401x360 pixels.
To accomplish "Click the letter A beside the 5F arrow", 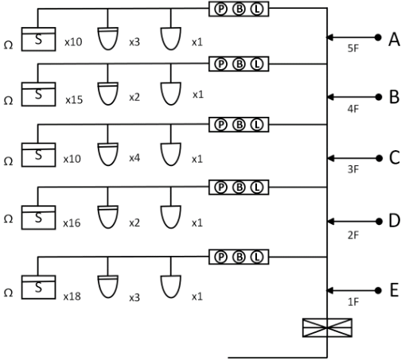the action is tap(394, 40).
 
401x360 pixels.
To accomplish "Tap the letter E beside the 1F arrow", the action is tap(395, 290).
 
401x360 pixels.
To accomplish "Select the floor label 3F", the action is tap(353, 169).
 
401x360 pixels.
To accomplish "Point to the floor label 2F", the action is tap(353, 235).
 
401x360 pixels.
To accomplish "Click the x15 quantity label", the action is tap(74, 100).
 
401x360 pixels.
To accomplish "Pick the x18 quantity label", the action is tap(72, 296).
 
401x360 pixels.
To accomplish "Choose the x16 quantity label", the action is tap(72, 223).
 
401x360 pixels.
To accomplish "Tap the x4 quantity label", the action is tap(134, 158).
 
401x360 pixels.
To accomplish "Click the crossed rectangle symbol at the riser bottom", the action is tap(327, 327).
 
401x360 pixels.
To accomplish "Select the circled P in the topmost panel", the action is tap(221, 10).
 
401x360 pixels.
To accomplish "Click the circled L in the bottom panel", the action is tap(257, 257).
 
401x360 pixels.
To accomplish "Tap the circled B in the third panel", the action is tap(239, 125).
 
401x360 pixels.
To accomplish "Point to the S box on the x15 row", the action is tap(38, 95).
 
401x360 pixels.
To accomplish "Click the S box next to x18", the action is tap(38, 287).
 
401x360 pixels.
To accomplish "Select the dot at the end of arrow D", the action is tap(379, 221).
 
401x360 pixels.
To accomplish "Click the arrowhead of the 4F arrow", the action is tap(330, 97).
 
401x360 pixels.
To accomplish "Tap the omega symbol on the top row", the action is tap(8, 45).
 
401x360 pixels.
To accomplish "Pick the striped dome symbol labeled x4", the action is tap(108, 154).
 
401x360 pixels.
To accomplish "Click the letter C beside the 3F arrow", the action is tap(395, 157).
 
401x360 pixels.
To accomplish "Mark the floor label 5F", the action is tap(353, 48).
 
